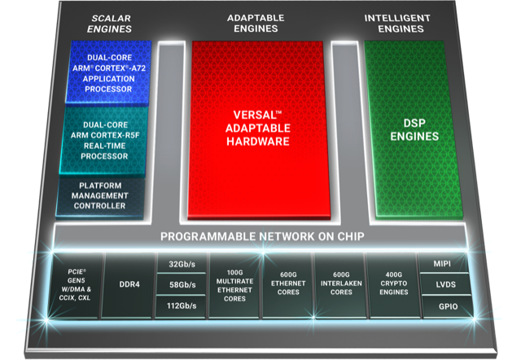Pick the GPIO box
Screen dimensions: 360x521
coord(447,306)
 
